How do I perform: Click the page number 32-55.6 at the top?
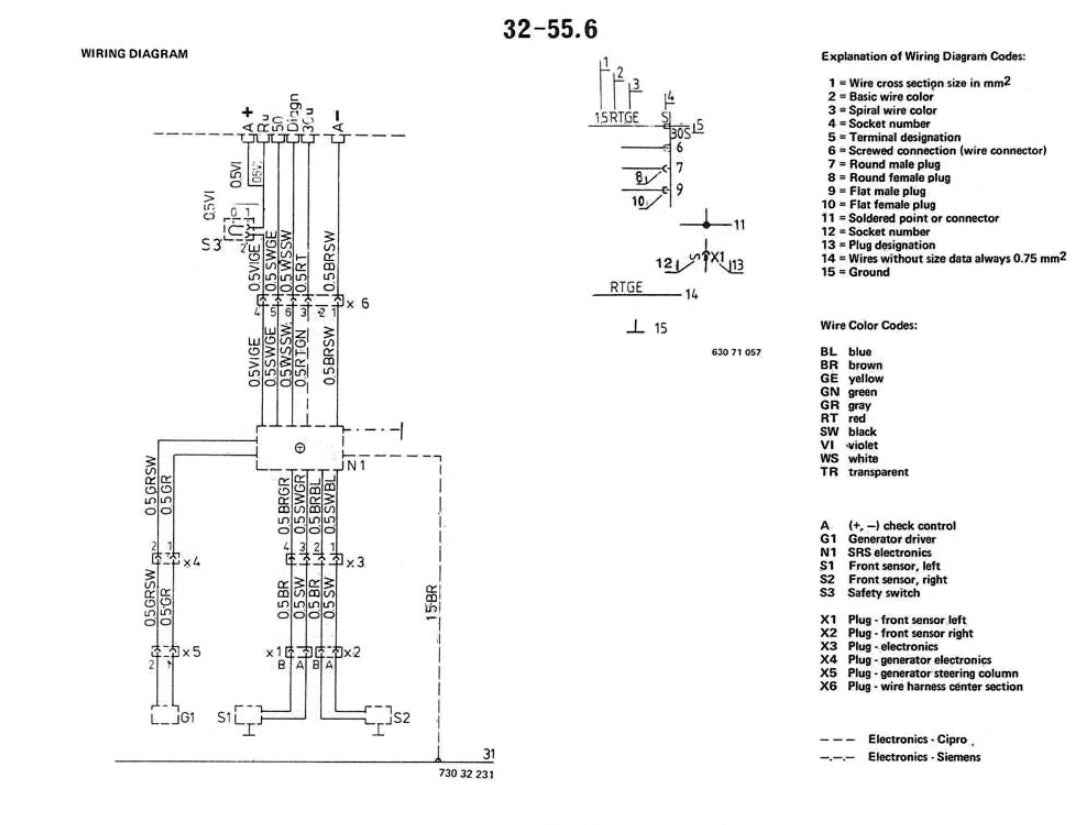coord(550,31)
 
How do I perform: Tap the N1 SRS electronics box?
coord(300,448)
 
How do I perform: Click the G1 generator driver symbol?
coord(162,717)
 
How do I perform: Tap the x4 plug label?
coord(191,562)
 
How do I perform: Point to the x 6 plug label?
coord(358,301)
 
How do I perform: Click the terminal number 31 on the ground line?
coord(489,754)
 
